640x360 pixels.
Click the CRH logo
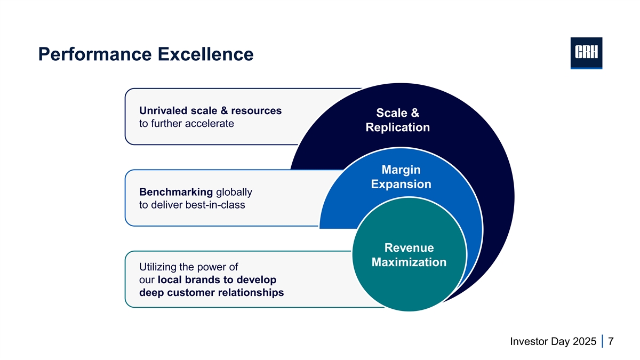click(x=586, y=53)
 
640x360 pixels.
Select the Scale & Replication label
click(x=397, y=120)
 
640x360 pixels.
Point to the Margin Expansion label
click(x=401, y=177)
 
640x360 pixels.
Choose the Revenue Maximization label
click(x=409, y=255)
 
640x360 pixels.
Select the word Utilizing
click(x=159, y=267)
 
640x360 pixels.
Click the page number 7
click(x=611, y=341)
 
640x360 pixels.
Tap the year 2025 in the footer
click(x=585, y=341)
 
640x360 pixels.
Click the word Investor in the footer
click(x=530, y=341)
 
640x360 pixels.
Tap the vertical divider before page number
click(x=602, y=341)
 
